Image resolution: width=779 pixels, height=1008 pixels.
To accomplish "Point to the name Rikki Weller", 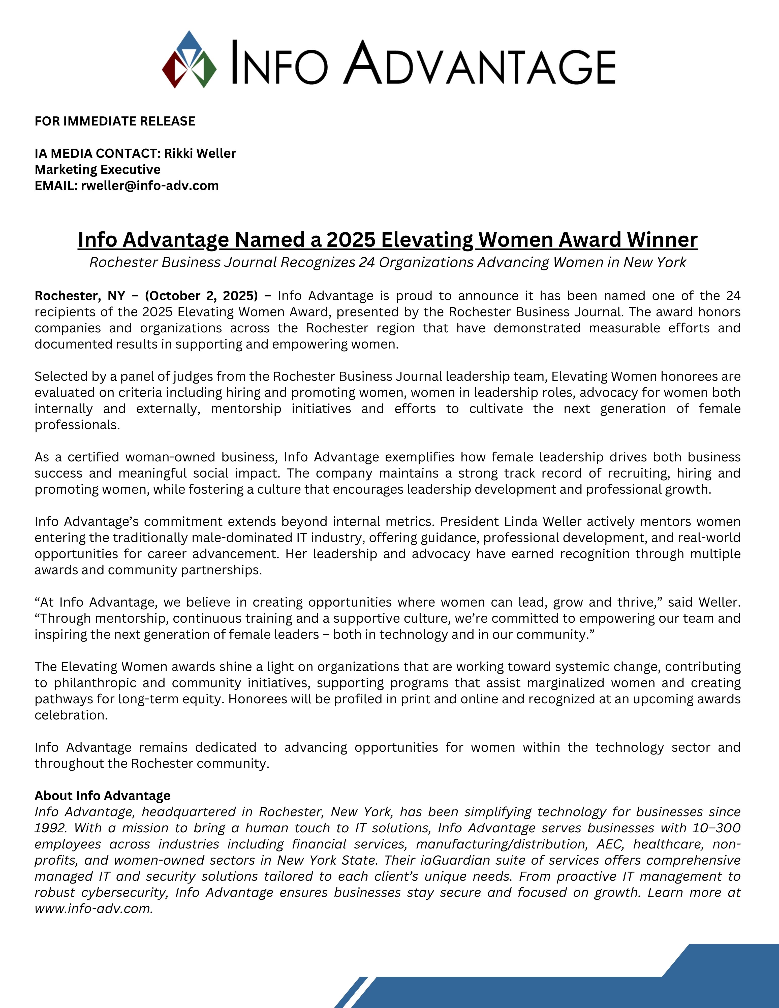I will click(200, 153).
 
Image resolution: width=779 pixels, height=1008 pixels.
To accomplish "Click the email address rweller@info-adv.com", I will click(149, 185).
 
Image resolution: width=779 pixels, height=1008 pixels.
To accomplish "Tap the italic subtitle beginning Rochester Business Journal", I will click(388, 262).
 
